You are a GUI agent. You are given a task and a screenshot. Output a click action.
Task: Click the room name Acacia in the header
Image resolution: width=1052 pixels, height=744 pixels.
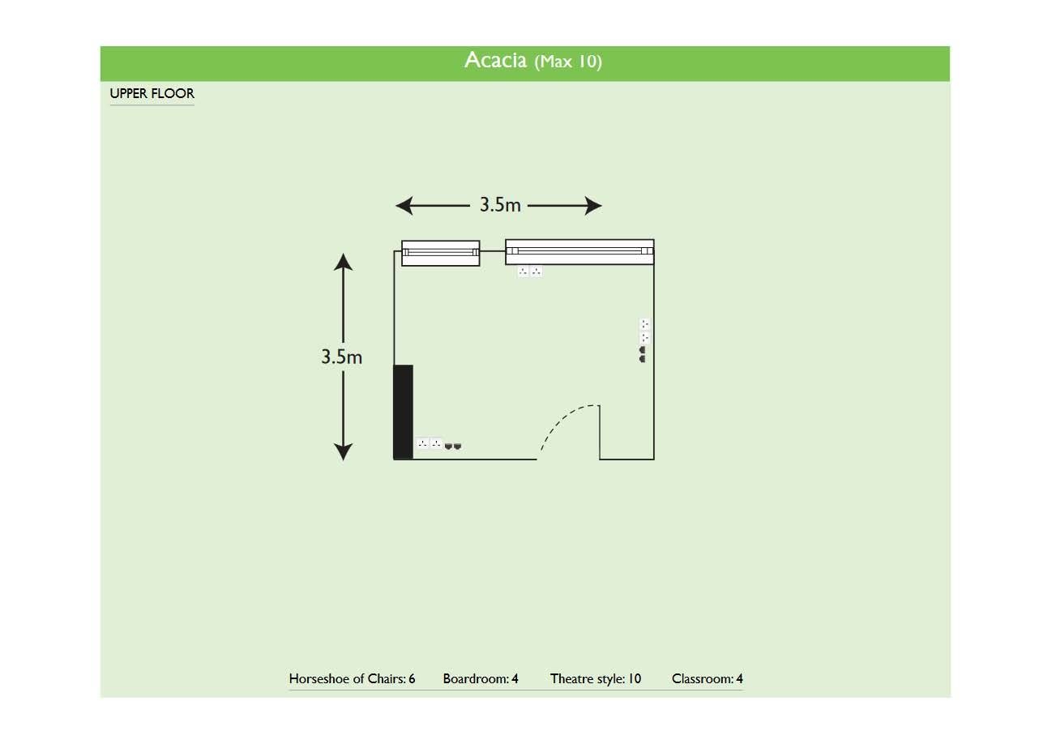tap(495, 61)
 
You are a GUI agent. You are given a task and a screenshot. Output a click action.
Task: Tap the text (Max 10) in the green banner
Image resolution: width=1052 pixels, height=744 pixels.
tap(568, 62)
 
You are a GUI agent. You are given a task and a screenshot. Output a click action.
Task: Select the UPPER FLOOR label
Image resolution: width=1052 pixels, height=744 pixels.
tap(152, 93)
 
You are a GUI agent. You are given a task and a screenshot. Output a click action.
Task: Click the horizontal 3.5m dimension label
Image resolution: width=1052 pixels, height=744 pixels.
tap(500, 205)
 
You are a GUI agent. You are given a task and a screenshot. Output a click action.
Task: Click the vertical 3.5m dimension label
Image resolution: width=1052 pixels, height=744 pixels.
tap(341, 357)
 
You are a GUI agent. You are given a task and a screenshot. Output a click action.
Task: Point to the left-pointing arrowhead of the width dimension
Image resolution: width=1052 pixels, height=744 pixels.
tap(404, 206)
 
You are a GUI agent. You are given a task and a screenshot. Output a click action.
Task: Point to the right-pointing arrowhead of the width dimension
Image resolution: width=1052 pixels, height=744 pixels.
tap(593, 206)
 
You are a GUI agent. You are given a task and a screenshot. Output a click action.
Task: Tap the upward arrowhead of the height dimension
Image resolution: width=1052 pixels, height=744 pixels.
tap(344, 262)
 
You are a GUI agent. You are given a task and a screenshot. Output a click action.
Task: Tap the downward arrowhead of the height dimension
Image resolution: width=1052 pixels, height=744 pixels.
tap(344, 452)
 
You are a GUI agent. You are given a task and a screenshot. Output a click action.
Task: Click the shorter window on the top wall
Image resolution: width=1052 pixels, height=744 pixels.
tap(441, 253)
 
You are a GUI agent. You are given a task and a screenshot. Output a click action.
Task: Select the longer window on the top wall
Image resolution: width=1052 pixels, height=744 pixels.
tap(579, 252)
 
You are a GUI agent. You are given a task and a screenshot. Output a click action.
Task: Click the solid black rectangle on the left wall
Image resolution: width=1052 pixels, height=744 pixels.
tap(403, 412)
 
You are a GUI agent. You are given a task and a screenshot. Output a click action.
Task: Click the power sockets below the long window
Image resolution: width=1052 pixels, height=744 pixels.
tap(530, 271)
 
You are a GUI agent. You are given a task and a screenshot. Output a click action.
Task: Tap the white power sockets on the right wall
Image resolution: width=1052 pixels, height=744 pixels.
tap(645, 331)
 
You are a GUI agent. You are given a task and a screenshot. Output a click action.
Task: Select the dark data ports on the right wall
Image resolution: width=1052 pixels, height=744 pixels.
tap(642, 354)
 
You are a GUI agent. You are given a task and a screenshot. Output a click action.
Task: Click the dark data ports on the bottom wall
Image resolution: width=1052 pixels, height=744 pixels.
tap(453, 446)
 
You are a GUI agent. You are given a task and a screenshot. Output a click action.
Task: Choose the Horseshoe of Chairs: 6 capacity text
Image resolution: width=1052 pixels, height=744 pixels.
tap(352, 678)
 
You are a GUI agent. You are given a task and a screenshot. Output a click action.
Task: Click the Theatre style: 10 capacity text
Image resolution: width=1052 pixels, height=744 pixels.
tap(596, 678)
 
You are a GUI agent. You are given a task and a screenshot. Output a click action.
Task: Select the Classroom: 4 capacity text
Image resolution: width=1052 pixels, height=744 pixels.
tap(708, 678)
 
